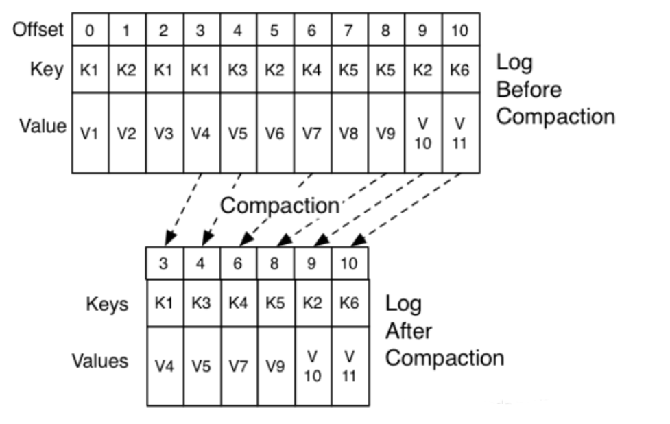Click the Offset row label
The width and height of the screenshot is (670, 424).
point(38,30)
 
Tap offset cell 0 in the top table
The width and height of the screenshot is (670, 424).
point(90,30)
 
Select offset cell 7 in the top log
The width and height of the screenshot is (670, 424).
point(349,30)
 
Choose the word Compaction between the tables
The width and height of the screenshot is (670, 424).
point(279,205)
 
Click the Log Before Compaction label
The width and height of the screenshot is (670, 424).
point(555,90)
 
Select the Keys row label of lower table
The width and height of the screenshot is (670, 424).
point(108,304)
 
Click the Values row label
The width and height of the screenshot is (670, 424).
point(101,361)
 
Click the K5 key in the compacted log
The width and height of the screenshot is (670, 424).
point(275,303)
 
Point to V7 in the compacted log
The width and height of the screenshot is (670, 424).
point(238,366)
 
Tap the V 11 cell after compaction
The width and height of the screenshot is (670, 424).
point(349,366)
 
